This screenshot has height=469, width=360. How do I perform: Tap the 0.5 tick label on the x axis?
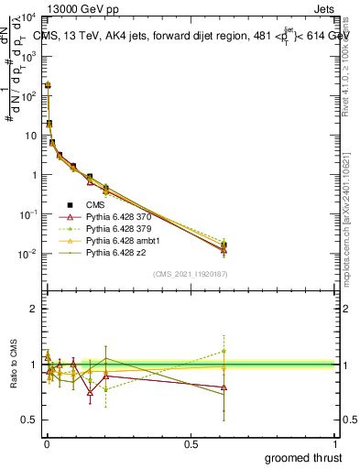point(190,444)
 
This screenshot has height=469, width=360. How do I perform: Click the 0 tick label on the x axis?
point(46,444)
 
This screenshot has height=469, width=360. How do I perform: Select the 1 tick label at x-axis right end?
point(334,444)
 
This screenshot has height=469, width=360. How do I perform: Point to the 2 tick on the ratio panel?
point(33,309)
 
